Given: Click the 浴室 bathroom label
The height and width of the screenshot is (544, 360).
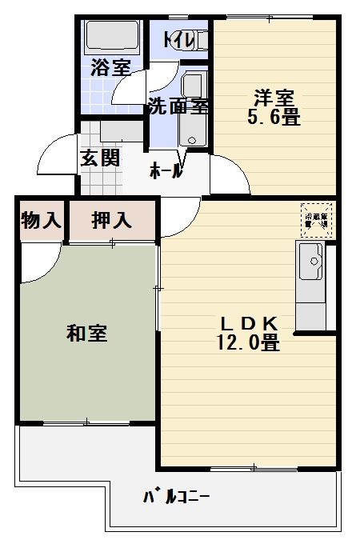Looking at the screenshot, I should (110, 67).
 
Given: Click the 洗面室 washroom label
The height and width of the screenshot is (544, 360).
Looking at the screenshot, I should (178, 106).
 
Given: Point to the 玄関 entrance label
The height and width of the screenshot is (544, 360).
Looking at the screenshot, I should (100, 158).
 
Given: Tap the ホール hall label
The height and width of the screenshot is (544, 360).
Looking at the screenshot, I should (166, 170).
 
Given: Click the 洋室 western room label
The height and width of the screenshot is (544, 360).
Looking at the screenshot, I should (274, 98).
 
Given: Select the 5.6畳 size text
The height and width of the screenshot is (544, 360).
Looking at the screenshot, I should (274, 118).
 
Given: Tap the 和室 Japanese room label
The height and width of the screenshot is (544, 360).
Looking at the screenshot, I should (87, 333).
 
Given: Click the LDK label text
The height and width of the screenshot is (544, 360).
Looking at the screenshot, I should (249, 324).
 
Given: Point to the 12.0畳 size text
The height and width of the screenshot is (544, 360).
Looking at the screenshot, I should (248, 344).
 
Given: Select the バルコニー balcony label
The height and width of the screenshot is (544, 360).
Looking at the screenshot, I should (177, 497).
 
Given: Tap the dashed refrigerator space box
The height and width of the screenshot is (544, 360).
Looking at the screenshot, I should (317, 218).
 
